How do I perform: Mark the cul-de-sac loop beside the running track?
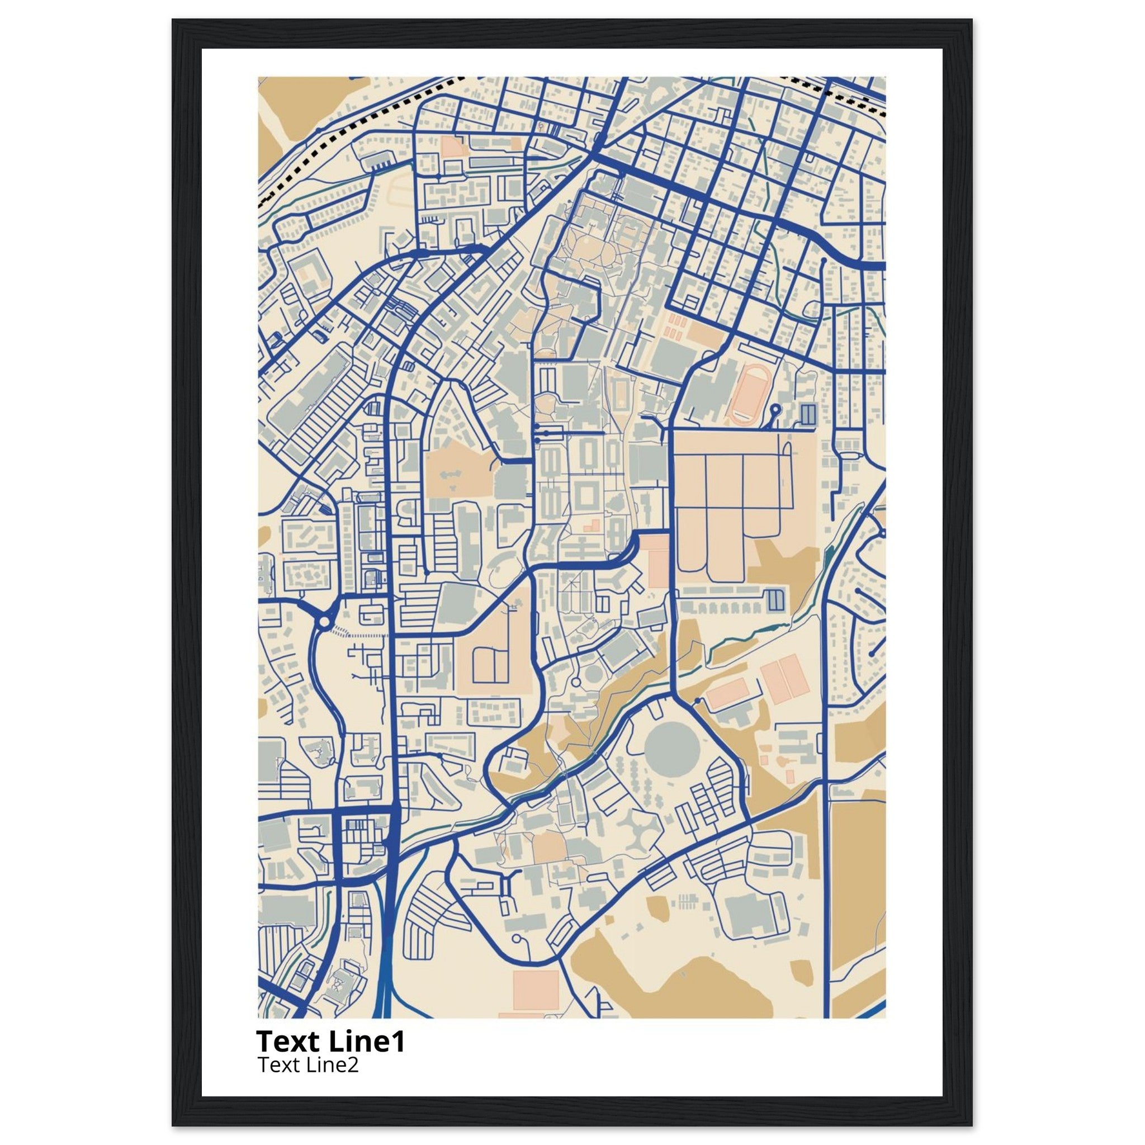point(775,409)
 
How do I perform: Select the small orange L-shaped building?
point(592,524)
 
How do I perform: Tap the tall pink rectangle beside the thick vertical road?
point(658,560)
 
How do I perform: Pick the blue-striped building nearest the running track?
point(808,413)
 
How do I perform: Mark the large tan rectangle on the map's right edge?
point(857,883)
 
